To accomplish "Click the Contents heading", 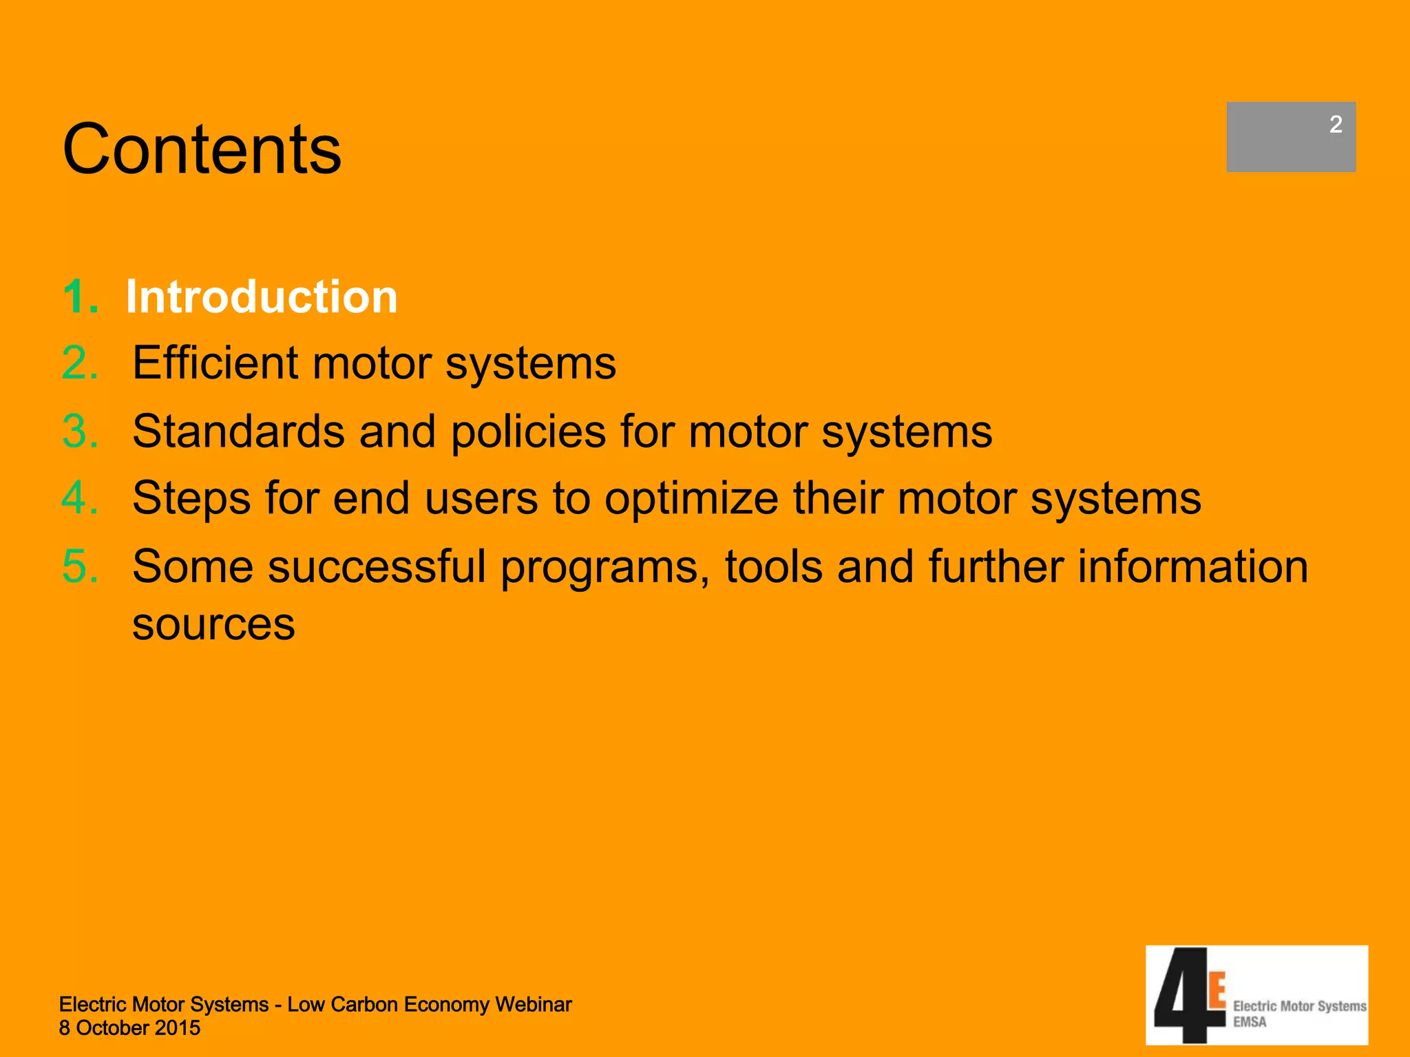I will (202, 149).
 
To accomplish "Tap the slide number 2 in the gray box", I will (1335, 125).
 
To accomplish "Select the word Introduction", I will (262, 297).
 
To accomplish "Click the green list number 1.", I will (80, 297).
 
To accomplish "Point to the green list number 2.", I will (80, 363).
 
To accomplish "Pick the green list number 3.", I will (80, 431).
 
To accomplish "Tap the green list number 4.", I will (80, 498).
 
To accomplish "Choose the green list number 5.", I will (80, 566).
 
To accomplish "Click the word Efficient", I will (215, 363).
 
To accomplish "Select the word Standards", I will (238, 431).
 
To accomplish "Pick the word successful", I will (377, 566).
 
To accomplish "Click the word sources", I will (213, 625).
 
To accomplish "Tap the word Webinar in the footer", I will (533, 1005).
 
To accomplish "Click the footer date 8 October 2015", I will (129, 1028).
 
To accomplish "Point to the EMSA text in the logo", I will (1250, 1023).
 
